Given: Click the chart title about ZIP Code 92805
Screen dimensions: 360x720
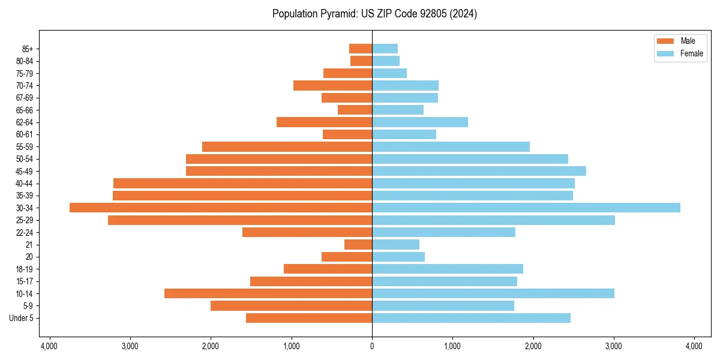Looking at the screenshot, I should click(x=374, y=14).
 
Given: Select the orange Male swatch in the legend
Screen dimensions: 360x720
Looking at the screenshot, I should click(x=665, y=41).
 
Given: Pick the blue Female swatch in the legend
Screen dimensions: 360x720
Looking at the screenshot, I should click(x=665, y=53).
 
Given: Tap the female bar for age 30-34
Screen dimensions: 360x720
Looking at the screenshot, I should click(x=526, y=208).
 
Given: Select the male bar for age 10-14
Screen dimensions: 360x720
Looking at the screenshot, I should click(x=268, y=293).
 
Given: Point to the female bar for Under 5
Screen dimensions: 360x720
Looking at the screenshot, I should click(x=471, y=318).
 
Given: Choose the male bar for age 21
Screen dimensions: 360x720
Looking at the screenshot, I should click(x=358, y=245).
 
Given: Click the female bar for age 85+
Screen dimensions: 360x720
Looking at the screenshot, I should click(x=385, y=49).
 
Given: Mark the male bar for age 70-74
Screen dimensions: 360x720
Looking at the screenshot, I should click(x=332, y=85).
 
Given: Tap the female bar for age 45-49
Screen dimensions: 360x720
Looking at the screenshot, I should click(x=479, y=171).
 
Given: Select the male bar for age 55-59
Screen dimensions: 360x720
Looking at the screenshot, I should click(x=287, y=146).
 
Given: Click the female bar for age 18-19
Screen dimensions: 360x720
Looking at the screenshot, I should click(x=447, y=269).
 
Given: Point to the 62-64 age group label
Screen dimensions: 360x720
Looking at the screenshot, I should click(x=25, y=122).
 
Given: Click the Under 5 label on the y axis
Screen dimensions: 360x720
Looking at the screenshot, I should click(x=22, y=318).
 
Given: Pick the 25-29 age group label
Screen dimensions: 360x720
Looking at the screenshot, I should click(x=25, y=220).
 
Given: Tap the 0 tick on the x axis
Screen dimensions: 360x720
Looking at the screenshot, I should click(x=372, y=346).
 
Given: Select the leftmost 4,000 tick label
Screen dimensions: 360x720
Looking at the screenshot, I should click(x=49, y=346).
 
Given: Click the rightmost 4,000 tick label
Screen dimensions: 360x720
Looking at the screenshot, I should click(x=694, y=346).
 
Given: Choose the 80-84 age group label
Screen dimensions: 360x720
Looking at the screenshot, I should click(x=25, y=61).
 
